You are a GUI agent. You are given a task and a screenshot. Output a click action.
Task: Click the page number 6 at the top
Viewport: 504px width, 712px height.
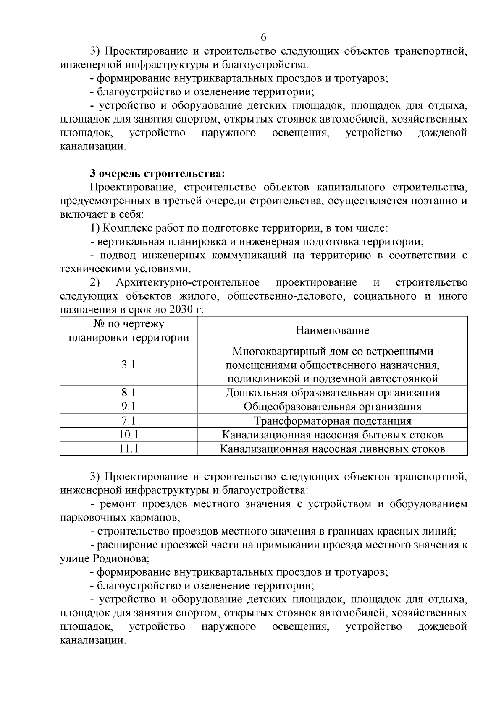tap(263, 37)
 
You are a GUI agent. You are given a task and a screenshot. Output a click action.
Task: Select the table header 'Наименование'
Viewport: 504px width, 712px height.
tap(332, 330)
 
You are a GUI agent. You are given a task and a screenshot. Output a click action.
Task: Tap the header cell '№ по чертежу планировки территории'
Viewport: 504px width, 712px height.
tap(129, 331)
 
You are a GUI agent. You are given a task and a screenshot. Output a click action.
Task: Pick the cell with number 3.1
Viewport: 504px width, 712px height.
tap(129, 365)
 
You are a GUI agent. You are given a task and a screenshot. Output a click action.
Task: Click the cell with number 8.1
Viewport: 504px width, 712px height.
tap(129, 393)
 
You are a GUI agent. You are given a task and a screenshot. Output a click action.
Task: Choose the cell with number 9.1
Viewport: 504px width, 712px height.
tap(129, 407)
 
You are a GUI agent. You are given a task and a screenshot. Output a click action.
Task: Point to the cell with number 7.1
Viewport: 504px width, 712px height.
tap(129, 421)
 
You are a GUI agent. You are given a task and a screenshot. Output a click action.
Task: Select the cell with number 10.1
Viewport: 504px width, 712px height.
tap(129, 435)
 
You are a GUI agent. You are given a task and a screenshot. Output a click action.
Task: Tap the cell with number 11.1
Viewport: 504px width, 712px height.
tap(129, 449)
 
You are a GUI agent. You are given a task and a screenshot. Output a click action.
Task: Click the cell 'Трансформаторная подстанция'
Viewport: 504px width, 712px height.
tap(332, 421)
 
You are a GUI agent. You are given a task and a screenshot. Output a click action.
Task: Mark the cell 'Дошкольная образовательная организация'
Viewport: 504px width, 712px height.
tap(332, 393)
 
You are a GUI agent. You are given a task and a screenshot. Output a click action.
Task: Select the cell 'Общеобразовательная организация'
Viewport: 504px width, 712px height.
tap(332, 407)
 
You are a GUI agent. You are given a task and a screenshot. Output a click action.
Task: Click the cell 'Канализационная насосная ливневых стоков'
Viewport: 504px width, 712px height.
tap(332, 449)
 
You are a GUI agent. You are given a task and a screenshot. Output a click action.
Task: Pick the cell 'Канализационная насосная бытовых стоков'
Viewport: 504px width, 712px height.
tap(332, 435)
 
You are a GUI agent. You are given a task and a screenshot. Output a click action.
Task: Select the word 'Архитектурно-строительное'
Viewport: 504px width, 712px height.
tap(188, 283)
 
